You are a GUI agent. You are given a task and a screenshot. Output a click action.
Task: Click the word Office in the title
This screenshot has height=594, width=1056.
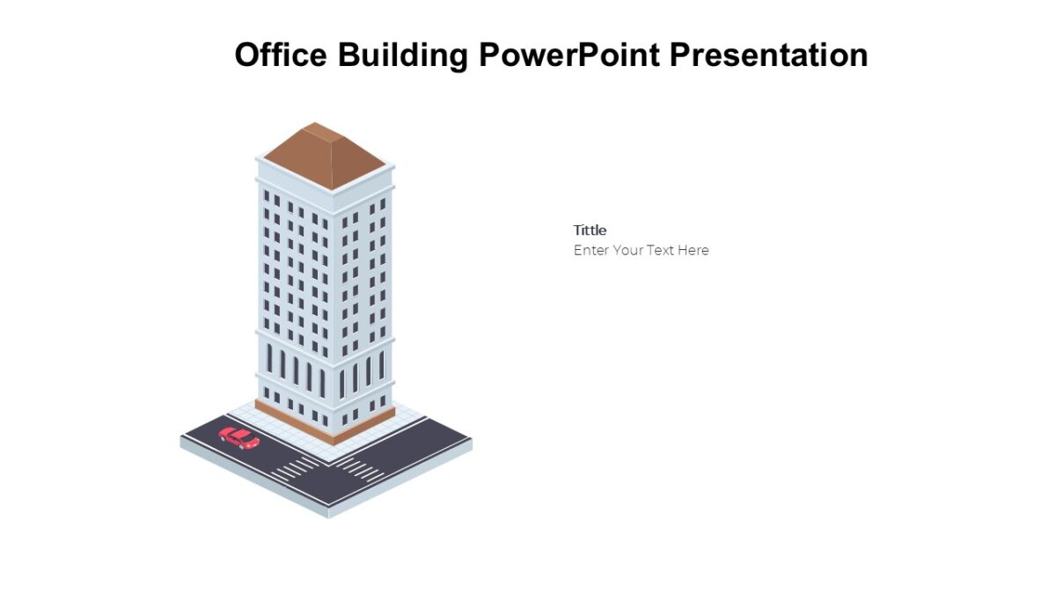[281, 55]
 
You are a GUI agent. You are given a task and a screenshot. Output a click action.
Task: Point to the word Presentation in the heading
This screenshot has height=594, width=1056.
[768, 55]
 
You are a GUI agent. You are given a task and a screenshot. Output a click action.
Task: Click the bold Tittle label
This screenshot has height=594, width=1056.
[590, 231]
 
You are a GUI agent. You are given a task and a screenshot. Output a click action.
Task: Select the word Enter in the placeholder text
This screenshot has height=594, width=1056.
[590, 250]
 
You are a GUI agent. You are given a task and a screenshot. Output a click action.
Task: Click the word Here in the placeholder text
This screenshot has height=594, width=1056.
[693, 250]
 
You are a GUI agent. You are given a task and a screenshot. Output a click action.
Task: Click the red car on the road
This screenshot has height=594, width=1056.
[238, 437]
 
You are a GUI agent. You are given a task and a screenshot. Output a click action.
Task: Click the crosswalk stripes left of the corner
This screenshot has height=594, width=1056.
[295, 467]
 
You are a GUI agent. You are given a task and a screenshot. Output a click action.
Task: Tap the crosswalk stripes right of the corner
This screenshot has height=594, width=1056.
[361, 469]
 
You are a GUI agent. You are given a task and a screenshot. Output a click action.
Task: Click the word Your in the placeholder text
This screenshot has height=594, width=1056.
[627, 250]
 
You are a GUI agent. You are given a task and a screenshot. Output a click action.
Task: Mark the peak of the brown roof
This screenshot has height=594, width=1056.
[314, 124]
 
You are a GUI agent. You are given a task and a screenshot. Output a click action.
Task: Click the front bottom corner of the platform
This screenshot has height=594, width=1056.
[329, 514]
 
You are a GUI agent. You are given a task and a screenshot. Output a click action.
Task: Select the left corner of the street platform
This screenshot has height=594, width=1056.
[182, 439]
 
